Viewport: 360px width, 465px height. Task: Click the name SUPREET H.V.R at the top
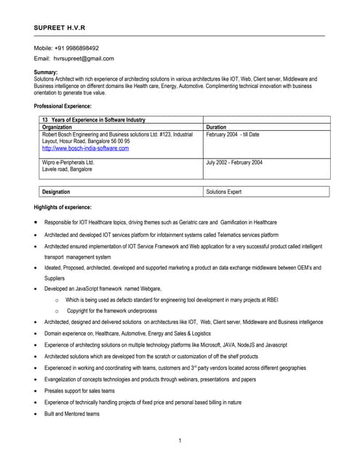(60, 28)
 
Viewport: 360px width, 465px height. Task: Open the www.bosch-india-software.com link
(86, 148)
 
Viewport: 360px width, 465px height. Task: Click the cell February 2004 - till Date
(233, 134)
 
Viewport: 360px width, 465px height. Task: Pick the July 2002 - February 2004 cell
(234, 162)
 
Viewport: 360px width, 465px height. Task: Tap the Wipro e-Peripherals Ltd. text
(68, 162)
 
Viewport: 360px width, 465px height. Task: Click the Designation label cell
(57, 192)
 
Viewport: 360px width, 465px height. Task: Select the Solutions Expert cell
(224, 192)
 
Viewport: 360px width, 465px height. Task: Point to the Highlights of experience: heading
(63, 208)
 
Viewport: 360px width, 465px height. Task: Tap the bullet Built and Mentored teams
(72, 413)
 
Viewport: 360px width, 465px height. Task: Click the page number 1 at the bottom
(180, 441)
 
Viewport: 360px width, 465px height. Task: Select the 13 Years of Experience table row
(94, 120)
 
